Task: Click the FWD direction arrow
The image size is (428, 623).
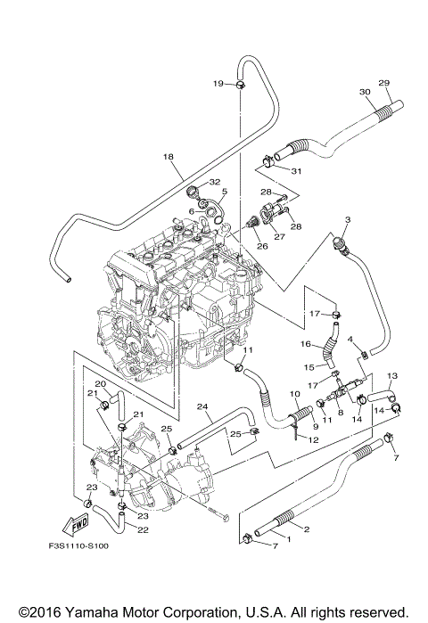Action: (x=76, y=524)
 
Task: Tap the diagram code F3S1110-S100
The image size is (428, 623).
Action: (x=78, y=545)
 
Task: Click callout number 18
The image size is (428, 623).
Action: (x=169, y=157)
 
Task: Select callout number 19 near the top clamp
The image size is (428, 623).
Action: (x=218, y=84)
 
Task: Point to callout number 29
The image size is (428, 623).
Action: (x=384, y=83)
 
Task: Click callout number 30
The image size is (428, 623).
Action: (x=365, y=92)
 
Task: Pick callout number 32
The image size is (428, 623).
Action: (x=215, y=182)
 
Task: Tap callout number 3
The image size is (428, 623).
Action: (x=348, y=219)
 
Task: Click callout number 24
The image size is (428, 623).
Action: (x=202, y=406)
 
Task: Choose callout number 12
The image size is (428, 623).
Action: (x=314, y=439)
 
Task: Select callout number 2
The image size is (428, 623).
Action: (x=307, y=529)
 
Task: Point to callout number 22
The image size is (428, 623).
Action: (x=143, y=530)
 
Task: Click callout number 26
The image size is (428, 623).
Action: (x=262, y=246)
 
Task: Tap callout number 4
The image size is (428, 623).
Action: (x=350, y=340)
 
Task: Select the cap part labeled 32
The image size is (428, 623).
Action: (x=193, y=193)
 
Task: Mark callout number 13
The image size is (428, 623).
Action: (x=391, y=375)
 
